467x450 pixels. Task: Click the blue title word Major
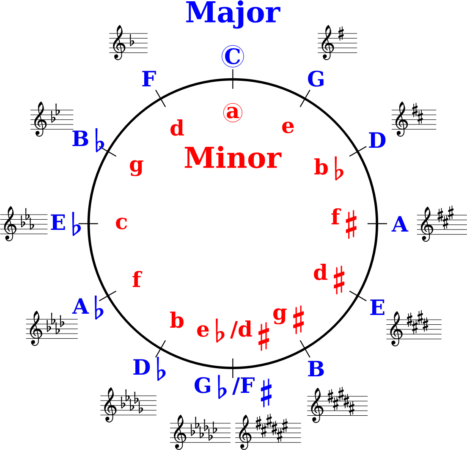233,14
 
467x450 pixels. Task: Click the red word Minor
233,157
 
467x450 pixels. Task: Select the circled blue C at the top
233,56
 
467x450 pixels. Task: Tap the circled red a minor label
233,113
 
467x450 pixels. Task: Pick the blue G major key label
316,79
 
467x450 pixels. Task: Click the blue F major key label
149,79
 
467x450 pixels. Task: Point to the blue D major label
377,141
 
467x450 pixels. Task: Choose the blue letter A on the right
400,224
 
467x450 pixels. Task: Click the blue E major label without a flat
377,308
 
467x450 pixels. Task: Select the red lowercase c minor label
121,223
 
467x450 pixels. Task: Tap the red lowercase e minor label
288,127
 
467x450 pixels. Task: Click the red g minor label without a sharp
136,166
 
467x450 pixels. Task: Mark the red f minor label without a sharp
137,279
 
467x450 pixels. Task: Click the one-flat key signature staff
128,43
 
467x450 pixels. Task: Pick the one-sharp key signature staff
338,43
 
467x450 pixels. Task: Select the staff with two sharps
414,119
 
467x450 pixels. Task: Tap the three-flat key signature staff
24,224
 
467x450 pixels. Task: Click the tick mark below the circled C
233,79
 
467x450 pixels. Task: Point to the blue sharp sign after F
266,393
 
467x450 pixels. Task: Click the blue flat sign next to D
161,369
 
